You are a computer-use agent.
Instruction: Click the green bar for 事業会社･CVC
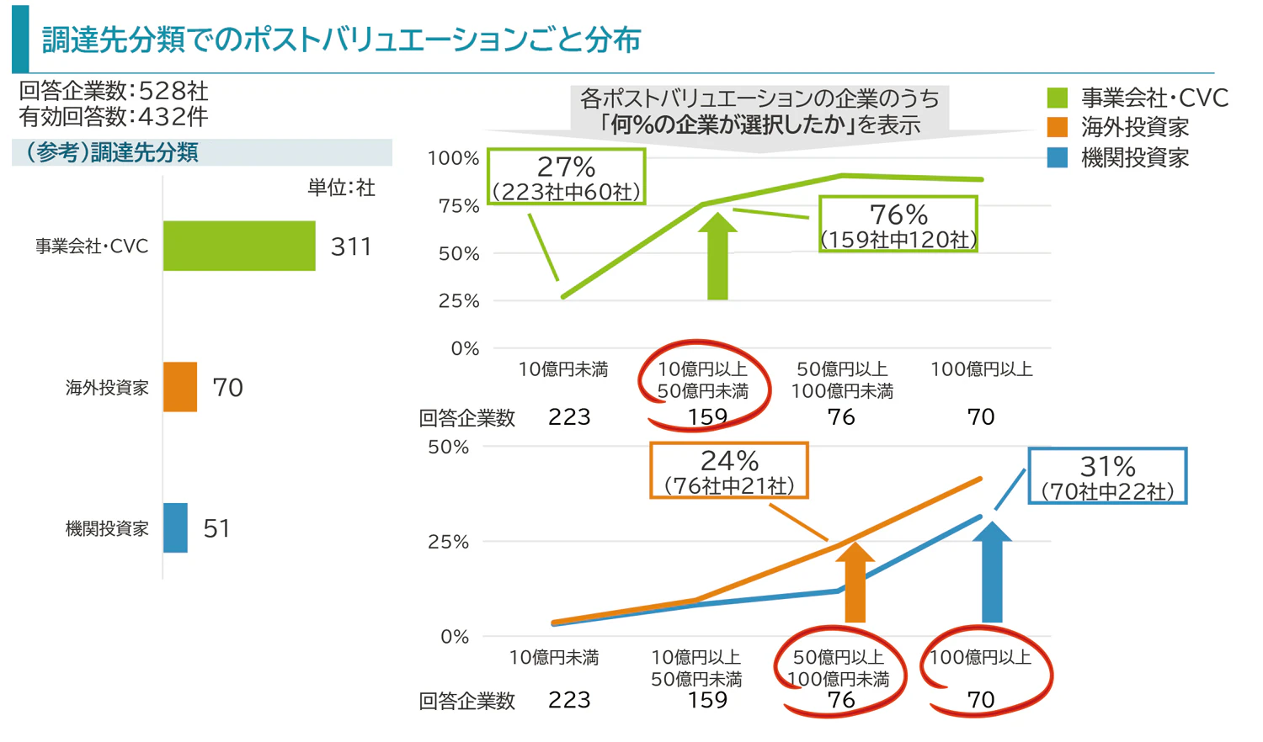[239, 246]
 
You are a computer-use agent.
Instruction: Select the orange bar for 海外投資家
[180, 387]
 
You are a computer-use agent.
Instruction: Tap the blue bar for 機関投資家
[175, 527]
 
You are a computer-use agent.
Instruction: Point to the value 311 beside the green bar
[351, 246]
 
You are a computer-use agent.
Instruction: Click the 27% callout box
[566, 178]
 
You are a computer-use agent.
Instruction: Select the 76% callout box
[898, 225]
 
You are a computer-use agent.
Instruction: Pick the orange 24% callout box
[729, 471]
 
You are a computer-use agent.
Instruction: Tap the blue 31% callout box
[1107, 476]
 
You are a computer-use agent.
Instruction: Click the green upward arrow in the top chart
[717, 257]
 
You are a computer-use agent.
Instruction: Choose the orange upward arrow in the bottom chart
[855, 584]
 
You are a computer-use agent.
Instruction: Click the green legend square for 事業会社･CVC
[1058, 98]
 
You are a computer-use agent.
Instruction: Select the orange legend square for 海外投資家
[1058, 128]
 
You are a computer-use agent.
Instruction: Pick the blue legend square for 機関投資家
[1058, 157]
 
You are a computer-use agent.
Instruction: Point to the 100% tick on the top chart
[453, 158]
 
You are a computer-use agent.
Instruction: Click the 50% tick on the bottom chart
[448, 447]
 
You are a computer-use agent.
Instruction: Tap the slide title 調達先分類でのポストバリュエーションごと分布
[341, 40]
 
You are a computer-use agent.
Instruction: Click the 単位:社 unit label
[341, 188]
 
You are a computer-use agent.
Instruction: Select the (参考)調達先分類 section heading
[113, 152]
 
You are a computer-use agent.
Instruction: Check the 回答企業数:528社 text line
[114, 91]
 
